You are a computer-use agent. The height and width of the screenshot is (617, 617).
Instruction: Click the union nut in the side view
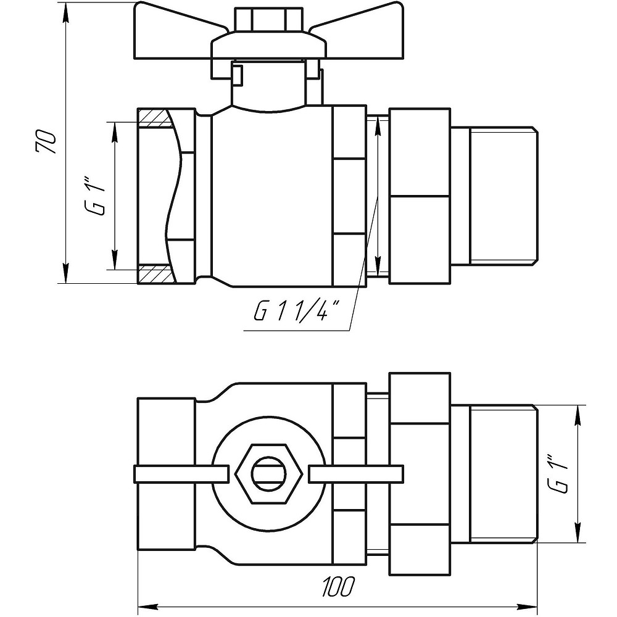pos(420,196)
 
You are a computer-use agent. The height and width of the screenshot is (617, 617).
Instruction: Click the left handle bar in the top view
pos(179,474)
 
